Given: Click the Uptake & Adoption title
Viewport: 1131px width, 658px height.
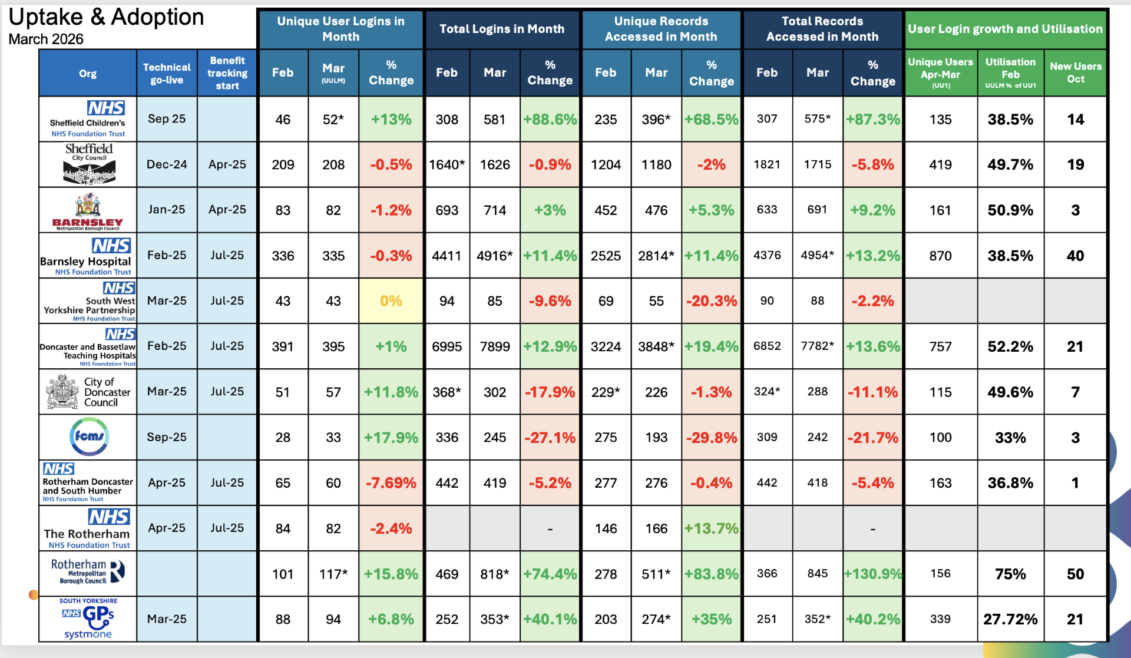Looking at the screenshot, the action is click(106, 17).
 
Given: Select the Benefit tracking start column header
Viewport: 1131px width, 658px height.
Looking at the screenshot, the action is click(227, 73).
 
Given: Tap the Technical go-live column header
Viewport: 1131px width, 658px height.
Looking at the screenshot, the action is click(167, 73).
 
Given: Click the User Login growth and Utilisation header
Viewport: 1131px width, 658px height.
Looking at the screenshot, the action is click(1005, 29).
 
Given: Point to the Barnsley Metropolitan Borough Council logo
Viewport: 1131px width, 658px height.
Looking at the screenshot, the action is click(88, 211).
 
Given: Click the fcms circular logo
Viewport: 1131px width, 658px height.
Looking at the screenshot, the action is click(89, 437).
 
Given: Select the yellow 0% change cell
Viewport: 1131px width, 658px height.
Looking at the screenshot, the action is click(391, 301).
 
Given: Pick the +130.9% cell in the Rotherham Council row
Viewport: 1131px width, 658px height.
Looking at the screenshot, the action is click(873, 574).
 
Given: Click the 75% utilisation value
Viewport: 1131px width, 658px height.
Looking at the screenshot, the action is click(1010, 574).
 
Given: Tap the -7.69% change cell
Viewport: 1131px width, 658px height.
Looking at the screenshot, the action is click(391, 483).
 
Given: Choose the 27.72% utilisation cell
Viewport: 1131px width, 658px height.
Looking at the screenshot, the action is click(1010, 619).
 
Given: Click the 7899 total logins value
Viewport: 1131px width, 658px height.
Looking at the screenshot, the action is click(495, 346).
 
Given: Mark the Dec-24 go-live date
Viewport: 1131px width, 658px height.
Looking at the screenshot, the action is click(167, 164).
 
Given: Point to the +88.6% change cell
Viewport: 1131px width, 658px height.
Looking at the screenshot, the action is click(550, 120).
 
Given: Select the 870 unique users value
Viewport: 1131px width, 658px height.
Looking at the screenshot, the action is click(940, 256).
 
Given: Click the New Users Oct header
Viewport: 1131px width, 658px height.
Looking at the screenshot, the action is click(1076, 72).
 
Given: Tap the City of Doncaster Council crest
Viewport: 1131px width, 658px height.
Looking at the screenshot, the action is click(62, 392).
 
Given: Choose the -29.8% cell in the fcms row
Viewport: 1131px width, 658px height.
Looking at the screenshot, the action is click(712, 438).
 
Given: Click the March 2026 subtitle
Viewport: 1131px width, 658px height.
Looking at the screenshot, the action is click(46, 39).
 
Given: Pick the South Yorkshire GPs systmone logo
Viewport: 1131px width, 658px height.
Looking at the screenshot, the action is click(88, 619).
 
